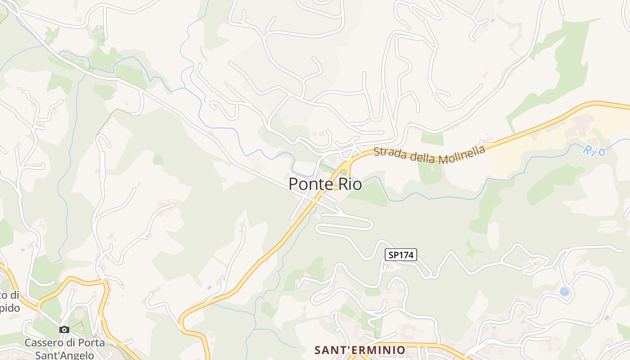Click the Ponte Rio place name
325,184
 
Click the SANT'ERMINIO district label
360,350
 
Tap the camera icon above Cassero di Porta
64,329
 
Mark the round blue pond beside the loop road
564,292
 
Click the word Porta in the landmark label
89,343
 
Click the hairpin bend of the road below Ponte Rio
370,223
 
